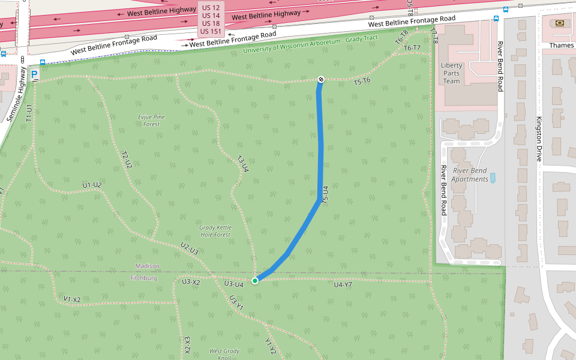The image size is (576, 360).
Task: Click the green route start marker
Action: coord(255,280)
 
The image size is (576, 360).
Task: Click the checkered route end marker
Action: coord(321,79)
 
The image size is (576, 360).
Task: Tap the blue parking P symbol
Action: coord(34,75)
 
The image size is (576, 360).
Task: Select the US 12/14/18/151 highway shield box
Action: coord(211,19)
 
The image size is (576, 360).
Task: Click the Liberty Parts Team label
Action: coord(451,73)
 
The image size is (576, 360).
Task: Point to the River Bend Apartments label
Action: coord(470,175)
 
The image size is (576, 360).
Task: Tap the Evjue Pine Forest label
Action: coord(151,121)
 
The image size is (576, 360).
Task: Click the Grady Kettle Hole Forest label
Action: coord(215,231)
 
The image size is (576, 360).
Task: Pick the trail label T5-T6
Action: coord(362,80)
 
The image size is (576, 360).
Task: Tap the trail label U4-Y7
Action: coord(343,284)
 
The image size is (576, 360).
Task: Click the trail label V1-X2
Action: coord(71,299)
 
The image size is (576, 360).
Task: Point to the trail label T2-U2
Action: coord(126,160)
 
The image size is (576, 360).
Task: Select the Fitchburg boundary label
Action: coord(144,278)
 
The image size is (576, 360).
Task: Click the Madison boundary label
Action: coord(148,266)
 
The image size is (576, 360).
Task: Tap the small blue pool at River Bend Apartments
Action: coord(493,178)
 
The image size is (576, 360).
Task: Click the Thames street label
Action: coord(561,45)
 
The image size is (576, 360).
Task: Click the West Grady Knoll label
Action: coord(224,354)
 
